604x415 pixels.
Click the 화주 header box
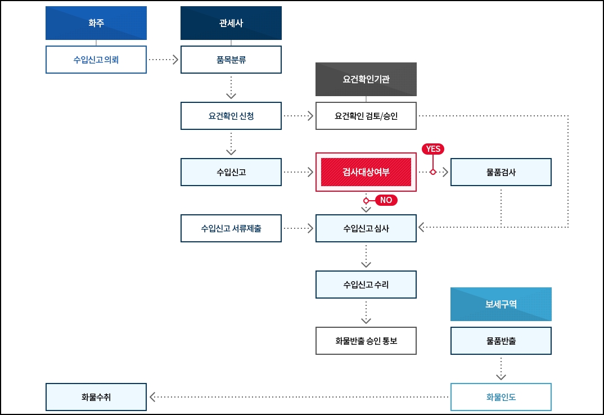[96, 23]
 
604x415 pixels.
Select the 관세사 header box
[231, 23]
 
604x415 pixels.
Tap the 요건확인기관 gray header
[366, 79]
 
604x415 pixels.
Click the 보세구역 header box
[501, 304]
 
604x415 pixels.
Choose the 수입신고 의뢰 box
[96, 60]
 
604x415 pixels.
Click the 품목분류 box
[231, 60]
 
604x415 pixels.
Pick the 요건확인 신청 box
[231, 116]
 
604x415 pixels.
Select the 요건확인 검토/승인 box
[366, 116]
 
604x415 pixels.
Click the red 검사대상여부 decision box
[366, 172]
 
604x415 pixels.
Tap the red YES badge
[433, 149]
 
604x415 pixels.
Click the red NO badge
[386, 200]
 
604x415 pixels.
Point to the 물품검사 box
[501, 172]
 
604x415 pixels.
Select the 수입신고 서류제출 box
[231, 228]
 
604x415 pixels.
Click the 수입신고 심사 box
[366, 228]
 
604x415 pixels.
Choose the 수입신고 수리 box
[366, 285]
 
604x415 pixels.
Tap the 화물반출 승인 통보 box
[366, 341]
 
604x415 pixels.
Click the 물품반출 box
[501, 341]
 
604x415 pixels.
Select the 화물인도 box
[501, 397]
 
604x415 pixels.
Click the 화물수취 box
[96, 397]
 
